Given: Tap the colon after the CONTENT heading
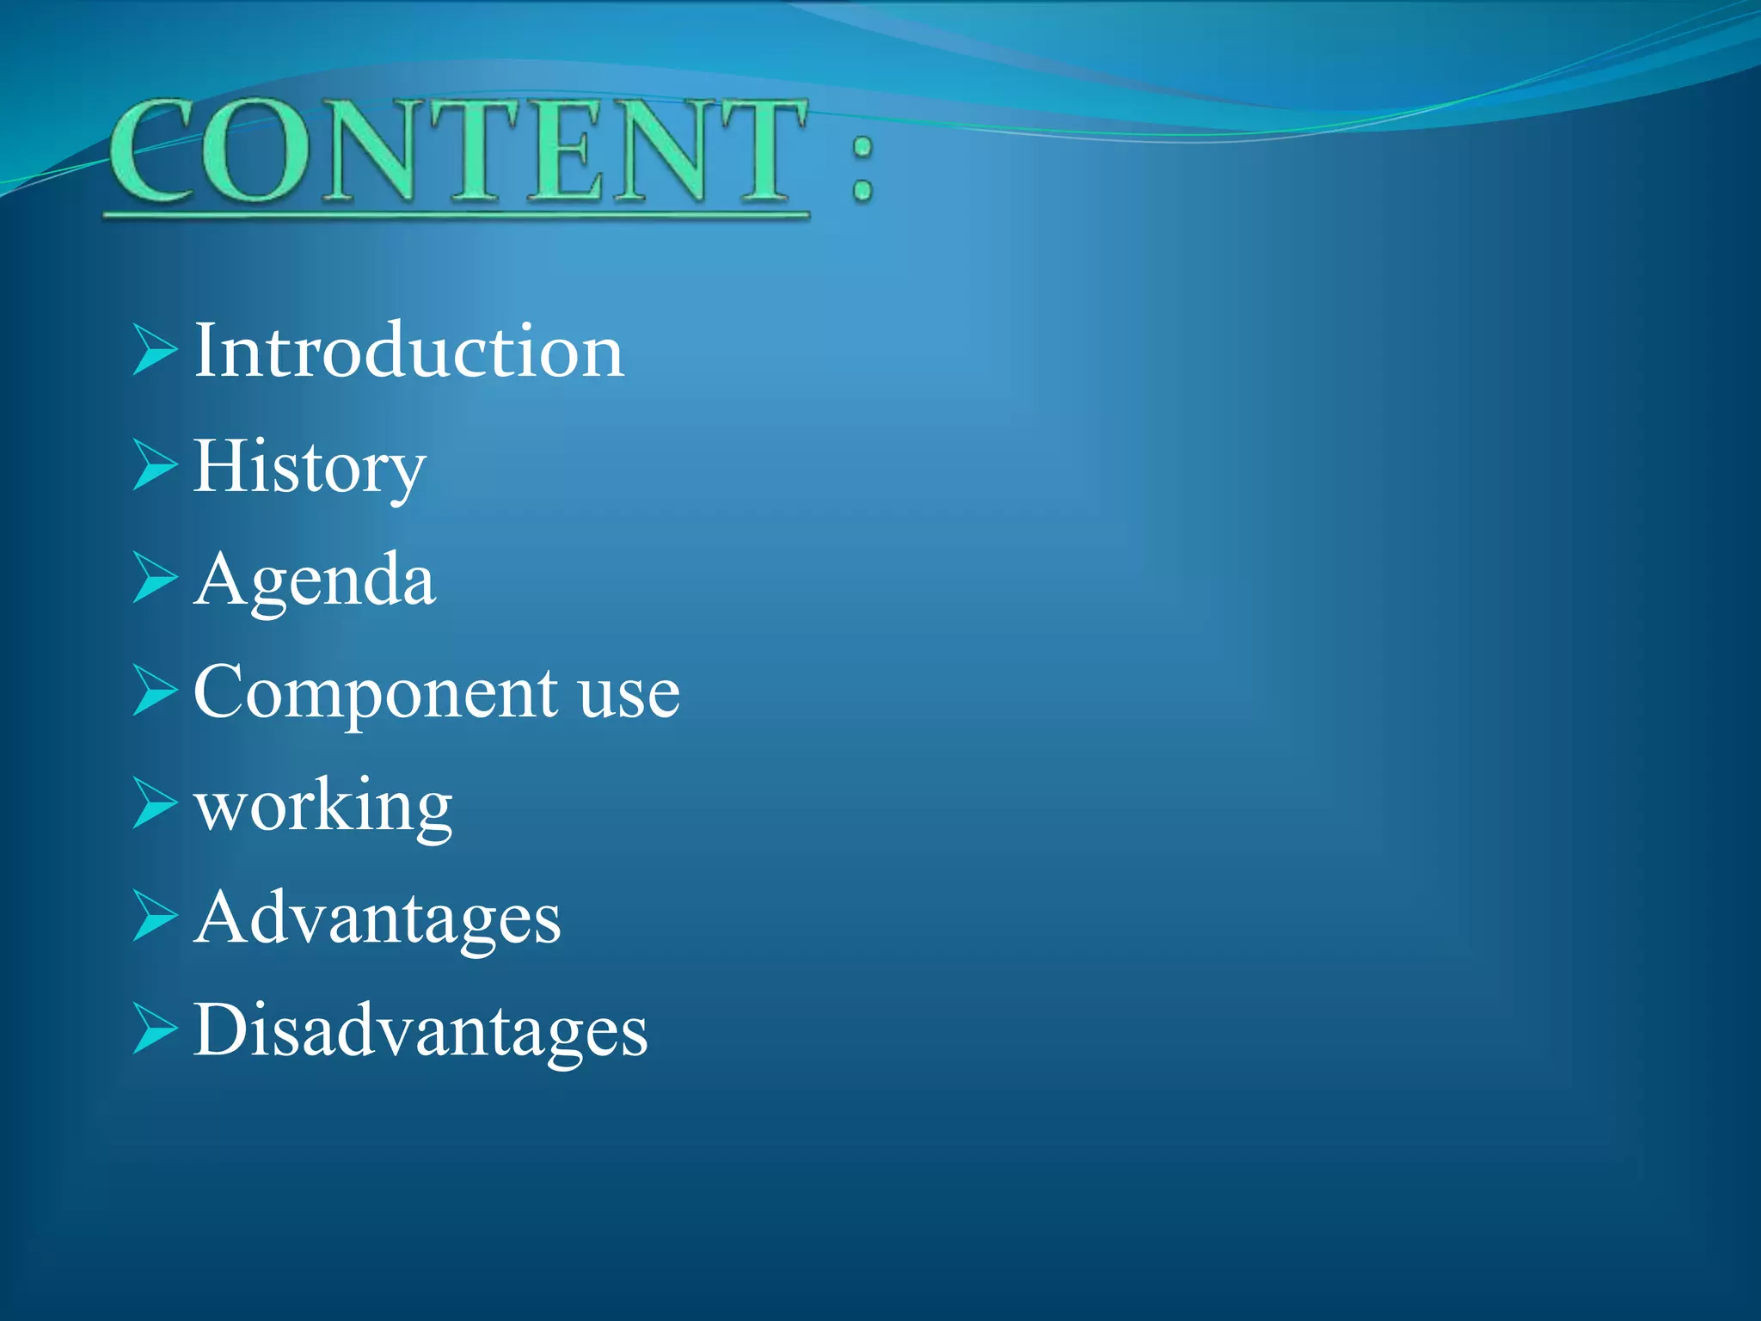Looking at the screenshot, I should (862, 169).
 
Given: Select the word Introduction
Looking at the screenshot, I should (408, 351).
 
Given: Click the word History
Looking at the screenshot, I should (310, 467).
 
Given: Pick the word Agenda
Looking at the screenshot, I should (315, 581).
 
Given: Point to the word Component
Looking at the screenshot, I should (376, 693).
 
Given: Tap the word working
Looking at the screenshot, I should (323, 807).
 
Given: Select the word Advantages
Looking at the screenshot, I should (377, 919).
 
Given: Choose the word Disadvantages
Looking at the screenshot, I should (420, 1030).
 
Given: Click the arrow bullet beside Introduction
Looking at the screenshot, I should (154, 350).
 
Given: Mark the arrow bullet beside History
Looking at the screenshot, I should (154, 464).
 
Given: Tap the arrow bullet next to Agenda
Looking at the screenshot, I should (154, 577).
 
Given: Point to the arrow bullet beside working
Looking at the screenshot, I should (154, 803).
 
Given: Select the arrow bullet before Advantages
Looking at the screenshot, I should (154, 917).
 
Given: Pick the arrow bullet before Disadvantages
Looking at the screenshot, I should (154, 1029).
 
